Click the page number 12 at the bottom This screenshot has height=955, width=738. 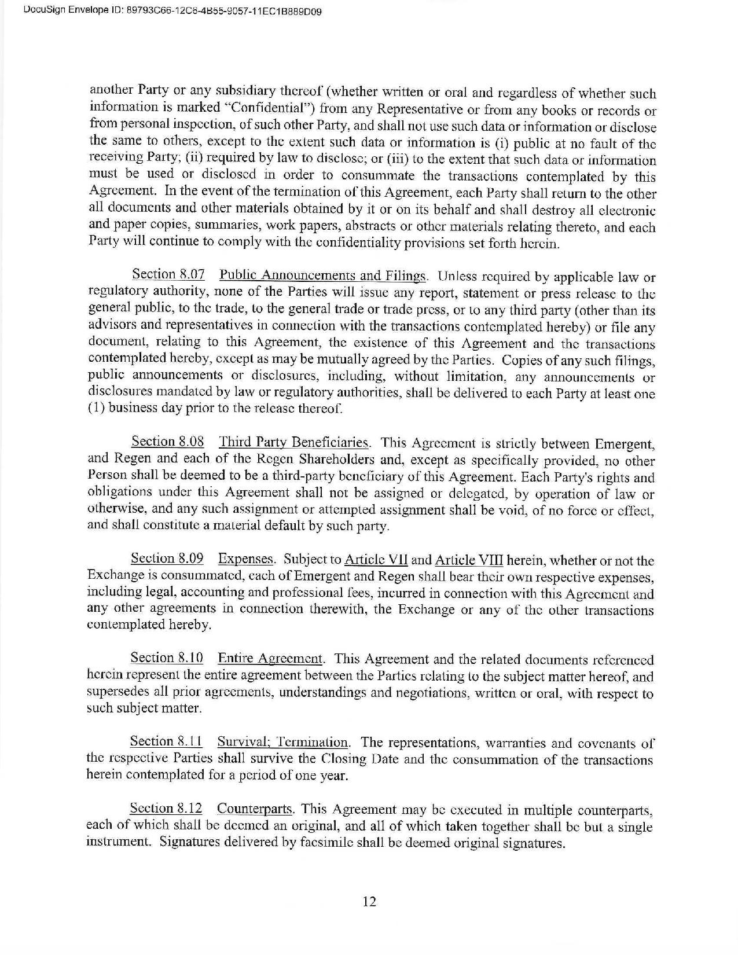[369, 901]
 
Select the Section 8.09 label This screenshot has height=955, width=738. [167, 559]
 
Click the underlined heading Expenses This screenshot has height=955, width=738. [245, 559]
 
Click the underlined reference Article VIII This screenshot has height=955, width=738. [469, 560]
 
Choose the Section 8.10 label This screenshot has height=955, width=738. [167, 658]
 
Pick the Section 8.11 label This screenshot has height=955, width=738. [166, 741]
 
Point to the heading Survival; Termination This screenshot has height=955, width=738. [283, 742]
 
